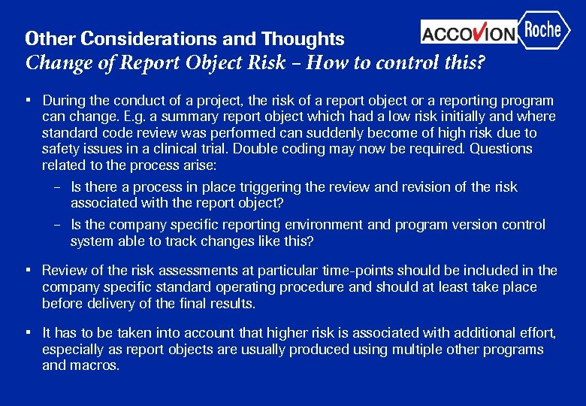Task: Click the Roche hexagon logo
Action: (x=543, y=30)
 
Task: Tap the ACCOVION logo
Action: (x=469, y=32)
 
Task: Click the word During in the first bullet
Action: (x=62, y=100)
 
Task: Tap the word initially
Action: (x=438, y=117)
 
